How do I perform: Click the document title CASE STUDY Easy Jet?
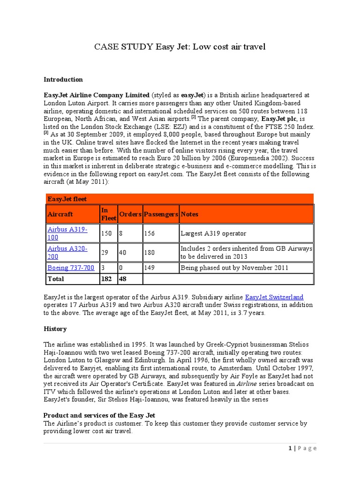click(x=180, y=46)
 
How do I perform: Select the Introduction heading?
click(x=63, y=79)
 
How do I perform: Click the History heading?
click(x=55, y=329)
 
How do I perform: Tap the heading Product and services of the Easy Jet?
click(x=99, y=415)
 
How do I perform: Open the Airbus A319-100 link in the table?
click(x=67, y=233)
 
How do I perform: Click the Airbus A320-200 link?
click(x=67, y=252)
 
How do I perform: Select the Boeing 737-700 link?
click(x=71, y=268)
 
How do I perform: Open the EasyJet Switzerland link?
click(x=274, y=297)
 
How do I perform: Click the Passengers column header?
click(x=161, y=214)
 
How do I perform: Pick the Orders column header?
click(x=130, y=214)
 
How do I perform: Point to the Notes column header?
click(x=189, y=214)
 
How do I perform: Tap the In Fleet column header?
click(x=108, y=214)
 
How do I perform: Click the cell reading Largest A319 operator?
click(x=213, y=233)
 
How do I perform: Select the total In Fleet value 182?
click(x=106, y=279)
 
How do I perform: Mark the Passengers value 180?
click(x=150, y=252)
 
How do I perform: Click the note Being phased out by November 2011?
click(x=234, y=268)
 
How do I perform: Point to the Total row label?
click(x=56, y=279)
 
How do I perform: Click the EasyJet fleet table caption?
click(x=67, y=199)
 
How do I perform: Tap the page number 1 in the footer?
click(x=290, y=448)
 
